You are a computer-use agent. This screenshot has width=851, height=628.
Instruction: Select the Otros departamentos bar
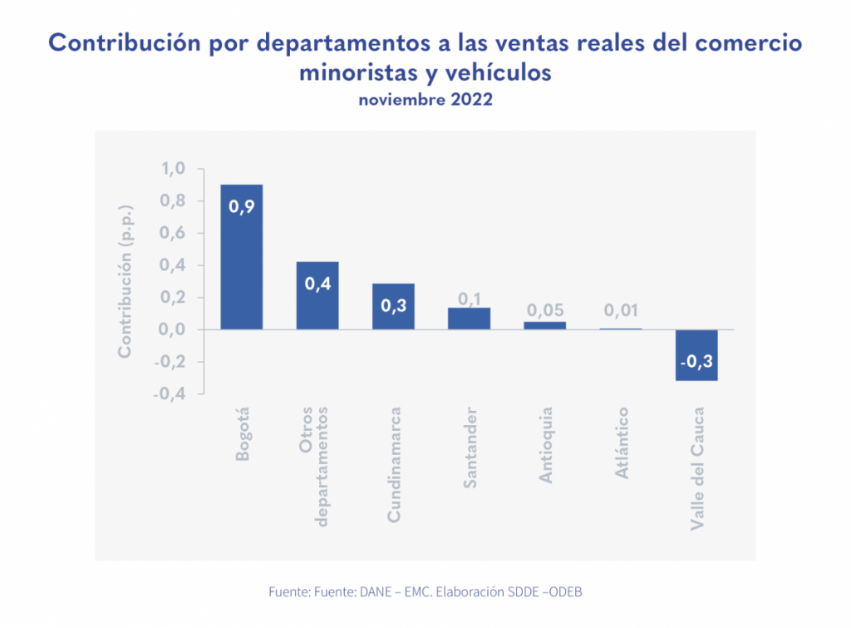click(317, 295)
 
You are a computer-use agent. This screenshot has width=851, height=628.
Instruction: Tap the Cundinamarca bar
click(393, 306)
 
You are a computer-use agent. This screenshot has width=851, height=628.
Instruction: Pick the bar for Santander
click(469, 319)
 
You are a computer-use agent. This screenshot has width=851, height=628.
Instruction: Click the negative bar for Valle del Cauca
click(696, 355)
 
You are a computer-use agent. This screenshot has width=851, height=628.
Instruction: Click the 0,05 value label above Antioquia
click(544, 310)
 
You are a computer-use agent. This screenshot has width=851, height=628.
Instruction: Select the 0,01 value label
click(621, 310)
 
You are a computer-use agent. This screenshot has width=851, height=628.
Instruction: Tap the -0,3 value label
click(696, 363)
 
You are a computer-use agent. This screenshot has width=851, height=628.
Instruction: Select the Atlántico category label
click(622, 443)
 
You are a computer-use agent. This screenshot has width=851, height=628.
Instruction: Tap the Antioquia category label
click(546, 445)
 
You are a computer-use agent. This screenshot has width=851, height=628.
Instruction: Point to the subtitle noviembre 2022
click(425, 100)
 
